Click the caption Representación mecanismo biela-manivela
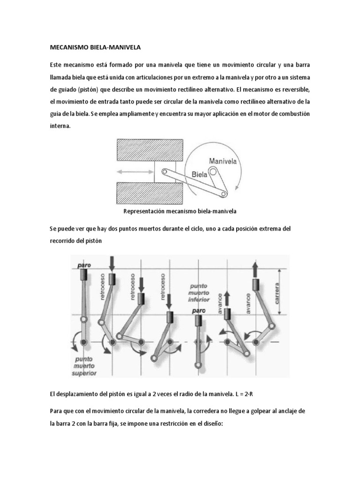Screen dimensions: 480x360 point(180,211)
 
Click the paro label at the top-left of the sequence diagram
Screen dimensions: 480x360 point(84,265)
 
